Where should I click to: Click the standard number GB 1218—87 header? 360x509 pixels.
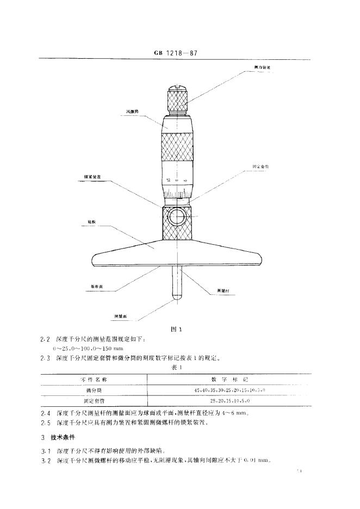(x=177, y=54)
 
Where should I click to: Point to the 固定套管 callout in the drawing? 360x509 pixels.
(x=261, y=166)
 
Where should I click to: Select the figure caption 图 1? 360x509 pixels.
(x=175, y=329)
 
